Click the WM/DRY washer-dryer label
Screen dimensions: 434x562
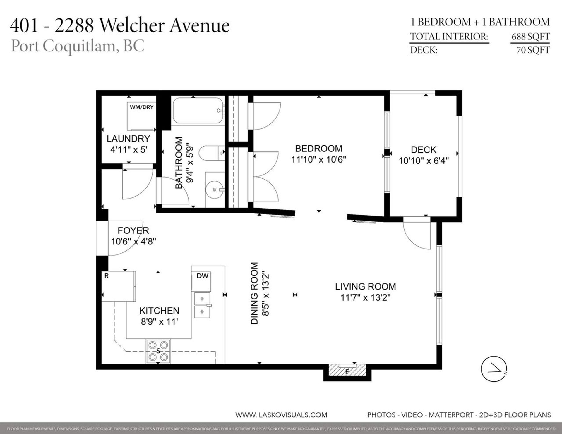141,107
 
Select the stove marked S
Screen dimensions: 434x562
158,351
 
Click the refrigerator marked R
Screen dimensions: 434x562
118,286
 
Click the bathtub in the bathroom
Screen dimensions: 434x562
198,111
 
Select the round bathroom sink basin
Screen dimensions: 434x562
215,190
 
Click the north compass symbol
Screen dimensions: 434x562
494,369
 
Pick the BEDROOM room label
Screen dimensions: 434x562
318,149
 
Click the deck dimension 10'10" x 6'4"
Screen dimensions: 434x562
424,161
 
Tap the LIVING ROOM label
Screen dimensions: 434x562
365,286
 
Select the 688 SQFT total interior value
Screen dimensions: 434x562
530,37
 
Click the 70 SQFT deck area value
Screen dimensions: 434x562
533,50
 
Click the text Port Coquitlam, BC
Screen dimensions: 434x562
78,46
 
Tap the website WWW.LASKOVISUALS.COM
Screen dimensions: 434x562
281,415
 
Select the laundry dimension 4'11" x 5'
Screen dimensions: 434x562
128,149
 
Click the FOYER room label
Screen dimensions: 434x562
133,230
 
